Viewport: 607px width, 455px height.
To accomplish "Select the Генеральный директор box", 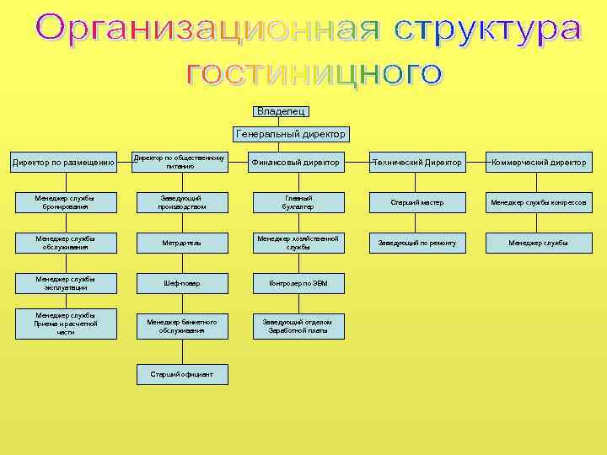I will [x=291, y=134].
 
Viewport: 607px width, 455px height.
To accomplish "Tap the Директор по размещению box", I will [x=64, y=162].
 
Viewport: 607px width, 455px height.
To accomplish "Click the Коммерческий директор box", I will [x=539, y=162].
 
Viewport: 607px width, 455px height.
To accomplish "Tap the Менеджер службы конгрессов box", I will [x=539, y=202].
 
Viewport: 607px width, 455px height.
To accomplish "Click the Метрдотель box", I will [x=181, y=243].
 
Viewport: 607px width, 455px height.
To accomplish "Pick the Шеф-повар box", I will [x=181, y=284].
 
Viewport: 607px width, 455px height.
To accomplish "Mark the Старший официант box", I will [x=181, y=373].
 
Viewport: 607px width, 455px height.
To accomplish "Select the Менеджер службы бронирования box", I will [x=64, y=202].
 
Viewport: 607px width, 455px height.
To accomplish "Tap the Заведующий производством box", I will [x=181, y=202].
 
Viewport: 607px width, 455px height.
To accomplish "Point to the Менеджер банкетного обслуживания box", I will [x=181, y=325].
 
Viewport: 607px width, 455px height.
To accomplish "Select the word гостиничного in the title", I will [x=314, y=73].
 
